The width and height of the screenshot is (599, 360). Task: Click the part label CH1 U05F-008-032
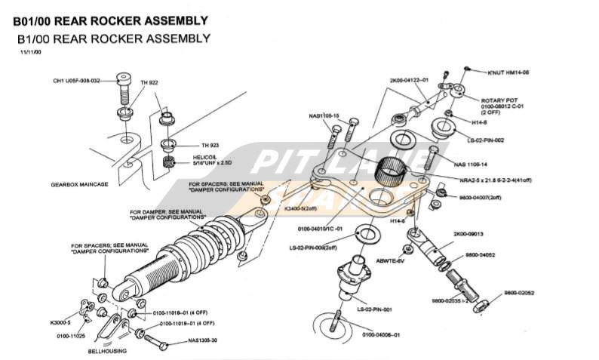(x=75, y=81)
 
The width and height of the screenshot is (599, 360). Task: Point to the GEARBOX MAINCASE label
(x=79, y=184)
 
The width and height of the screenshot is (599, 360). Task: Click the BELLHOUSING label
(x=106, y=352)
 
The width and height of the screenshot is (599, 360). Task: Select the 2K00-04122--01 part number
(x=409, y=80)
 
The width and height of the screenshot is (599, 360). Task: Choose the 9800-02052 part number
(x=520, y=292)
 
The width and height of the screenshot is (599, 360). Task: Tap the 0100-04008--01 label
(x=380, y=334)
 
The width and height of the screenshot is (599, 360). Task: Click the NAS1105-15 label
(x=324, y=115)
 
